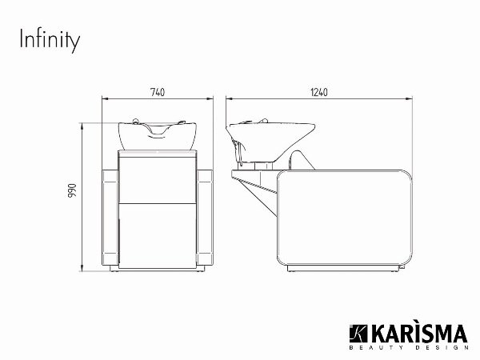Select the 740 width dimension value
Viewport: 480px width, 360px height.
pos(158,93)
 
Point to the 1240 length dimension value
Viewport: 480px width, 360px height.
pos(319,93)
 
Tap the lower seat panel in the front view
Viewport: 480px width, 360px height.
pos(158,236)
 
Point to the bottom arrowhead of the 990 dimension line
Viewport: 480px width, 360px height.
pos(85,270)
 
